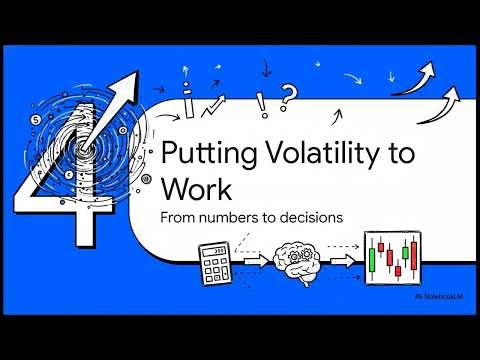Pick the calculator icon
click(x=214, y=261)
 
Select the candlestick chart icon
click(x=392, y=262)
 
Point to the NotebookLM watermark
click(x=439, y=297)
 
